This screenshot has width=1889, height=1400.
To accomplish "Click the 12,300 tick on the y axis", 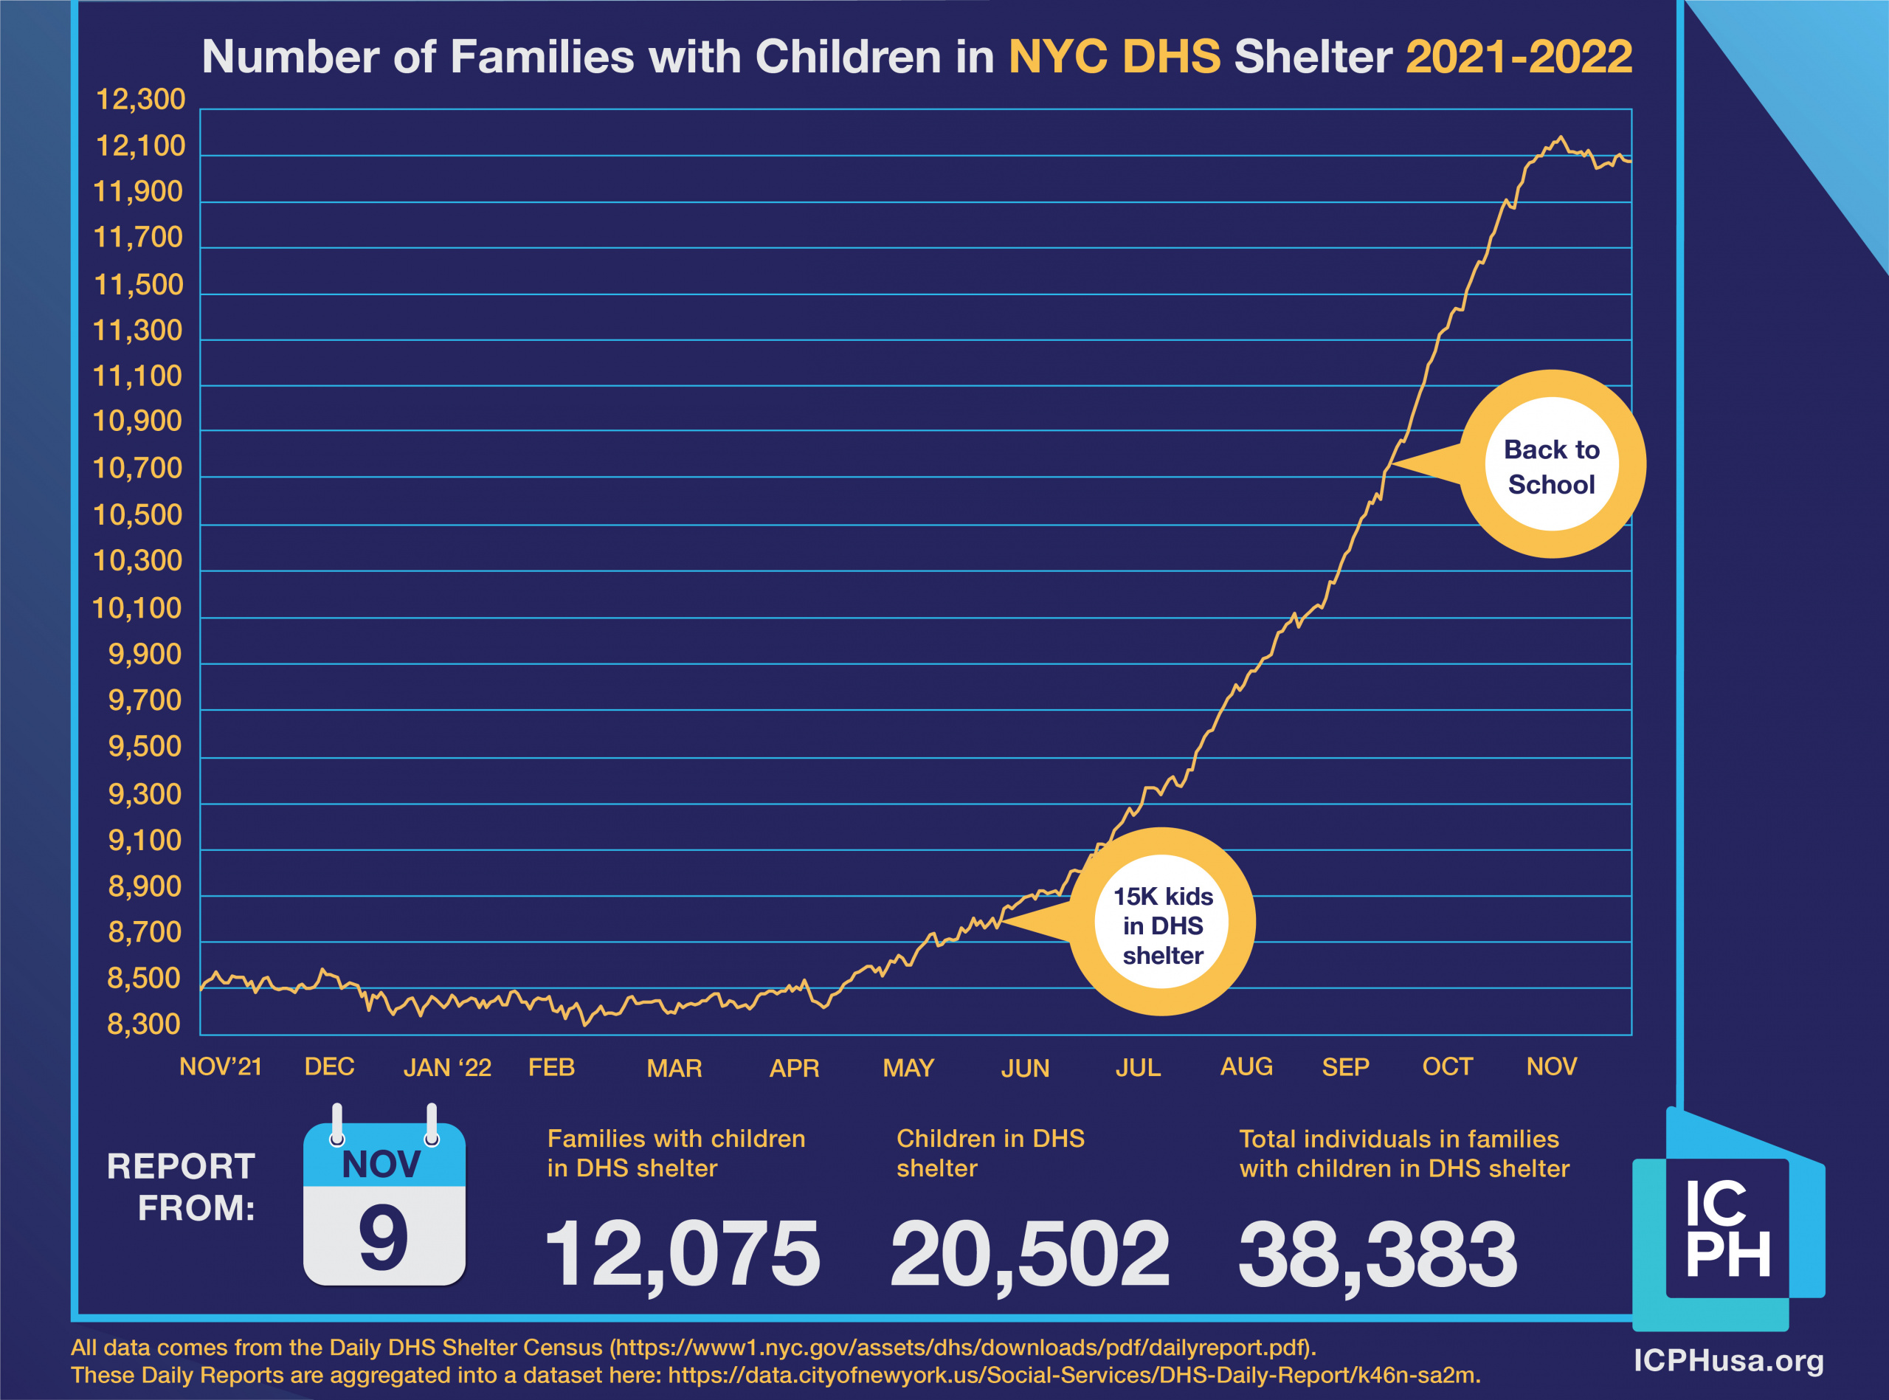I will [x=139, y=100].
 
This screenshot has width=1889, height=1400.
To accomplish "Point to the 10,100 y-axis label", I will [x=137, y=608].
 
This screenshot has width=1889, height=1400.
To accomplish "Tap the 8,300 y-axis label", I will [x=144, y=1024].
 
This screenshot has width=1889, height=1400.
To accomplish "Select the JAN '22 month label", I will [x=446, y=1068].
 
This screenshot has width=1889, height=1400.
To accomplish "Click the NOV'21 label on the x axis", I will [x=220, y=1067].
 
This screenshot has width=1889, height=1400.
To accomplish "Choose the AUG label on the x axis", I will [x=1246, y=1067].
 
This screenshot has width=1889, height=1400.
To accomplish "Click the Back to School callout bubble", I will [x=1551, y=465].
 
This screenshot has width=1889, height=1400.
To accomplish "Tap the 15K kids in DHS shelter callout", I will [x=1162, y=925].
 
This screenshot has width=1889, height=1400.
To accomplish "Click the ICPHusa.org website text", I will [x=1728, y=1361].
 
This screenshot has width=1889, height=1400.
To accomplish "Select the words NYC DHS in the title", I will [x=1114, y=57].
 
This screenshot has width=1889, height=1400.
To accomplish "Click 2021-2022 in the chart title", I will [x=1518, y=57].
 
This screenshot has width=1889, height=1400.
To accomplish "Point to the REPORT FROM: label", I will [x=181, y=1187].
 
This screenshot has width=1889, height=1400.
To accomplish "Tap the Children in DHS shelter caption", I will [x=990, y=1154].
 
